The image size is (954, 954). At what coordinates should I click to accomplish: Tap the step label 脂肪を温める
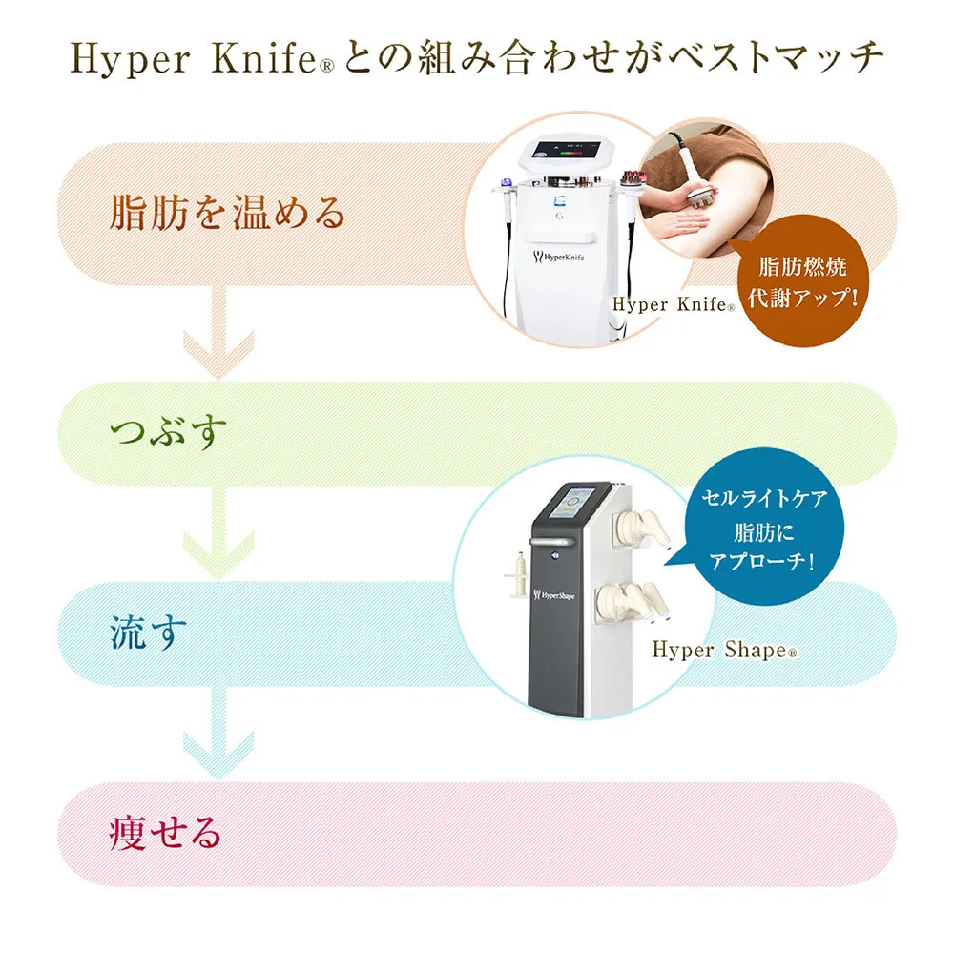(x=227, y=213)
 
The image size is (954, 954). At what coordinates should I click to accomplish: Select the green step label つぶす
(x=169, y=433)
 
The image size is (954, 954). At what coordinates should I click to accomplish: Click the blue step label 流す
(x=144, y=633)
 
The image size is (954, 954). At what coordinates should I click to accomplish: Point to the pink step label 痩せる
(x=165, y=833)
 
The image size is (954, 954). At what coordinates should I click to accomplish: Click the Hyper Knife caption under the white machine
(x=673, y=305)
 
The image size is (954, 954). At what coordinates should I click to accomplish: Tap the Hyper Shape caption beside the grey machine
(x=723, y=650)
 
